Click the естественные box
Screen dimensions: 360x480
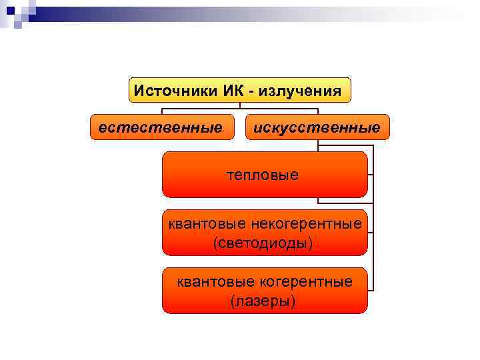pos(161,127)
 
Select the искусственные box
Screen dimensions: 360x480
pos(317,127)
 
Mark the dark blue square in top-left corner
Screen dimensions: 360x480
pos(10,10)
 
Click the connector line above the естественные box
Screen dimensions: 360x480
pos(161,111)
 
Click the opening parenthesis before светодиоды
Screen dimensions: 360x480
pos(215,243)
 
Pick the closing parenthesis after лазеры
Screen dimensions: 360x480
pos(293,302)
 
